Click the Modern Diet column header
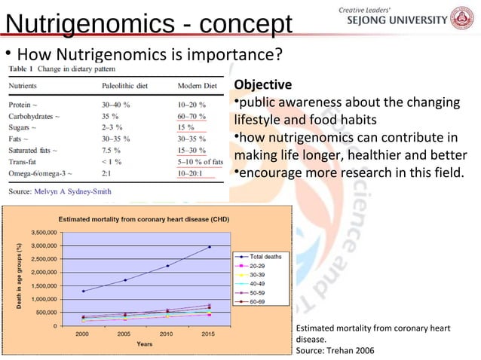pos(197,87)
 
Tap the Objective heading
pos(260,84)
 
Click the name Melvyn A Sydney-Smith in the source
pos(73,191)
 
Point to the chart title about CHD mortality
pos(144,218)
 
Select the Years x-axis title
pos(146,344)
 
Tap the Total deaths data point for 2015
pos(209,247)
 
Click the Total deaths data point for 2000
pos(83,291)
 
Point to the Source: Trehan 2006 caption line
pos(334,350)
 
